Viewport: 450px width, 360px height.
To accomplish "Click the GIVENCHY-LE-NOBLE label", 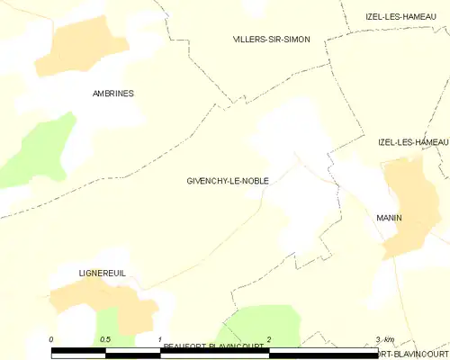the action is click(x=221, y=181).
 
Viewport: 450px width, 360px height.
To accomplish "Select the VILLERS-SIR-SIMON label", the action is click(x=271, y=40).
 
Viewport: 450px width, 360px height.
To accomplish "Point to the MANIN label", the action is click(x=389, y=219).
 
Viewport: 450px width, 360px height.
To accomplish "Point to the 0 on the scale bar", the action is click(x=52, y=339).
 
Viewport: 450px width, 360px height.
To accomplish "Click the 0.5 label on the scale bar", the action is click(x=105, y=339).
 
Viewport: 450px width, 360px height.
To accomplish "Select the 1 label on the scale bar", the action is click(x=160, y=339).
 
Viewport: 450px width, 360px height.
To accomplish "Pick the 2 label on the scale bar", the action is click(x=268, y=339).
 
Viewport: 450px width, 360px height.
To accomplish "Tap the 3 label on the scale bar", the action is click(x=377, y=339).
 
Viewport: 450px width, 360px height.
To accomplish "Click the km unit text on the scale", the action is click(x=388, y=339).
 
